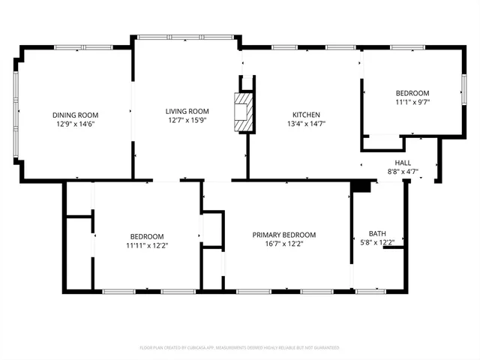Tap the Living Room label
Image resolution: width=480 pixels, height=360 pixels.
click(187, 111)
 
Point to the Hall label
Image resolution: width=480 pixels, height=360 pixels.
click(403, 163)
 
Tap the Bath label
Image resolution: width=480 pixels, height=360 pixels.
click(377, 233)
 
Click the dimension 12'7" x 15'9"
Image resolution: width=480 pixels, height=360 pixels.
click(187, 120)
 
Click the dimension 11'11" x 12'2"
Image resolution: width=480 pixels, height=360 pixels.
click(146, 244)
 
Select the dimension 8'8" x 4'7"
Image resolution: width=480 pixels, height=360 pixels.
click(403, 172)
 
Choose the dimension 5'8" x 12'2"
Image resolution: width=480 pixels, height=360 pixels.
click(377, 242)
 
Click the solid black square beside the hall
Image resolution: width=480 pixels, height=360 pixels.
click(361, 187)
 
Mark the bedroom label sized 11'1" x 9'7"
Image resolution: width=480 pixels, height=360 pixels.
click(412, 92)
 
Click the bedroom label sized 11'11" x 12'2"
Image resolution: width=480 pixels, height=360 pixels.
click(146, 235)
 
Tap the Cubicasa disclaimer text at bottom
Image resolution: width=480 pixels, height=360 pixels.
click(239, 348)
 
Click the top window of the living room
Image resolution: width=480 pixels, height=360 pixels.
click(186, 35)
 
